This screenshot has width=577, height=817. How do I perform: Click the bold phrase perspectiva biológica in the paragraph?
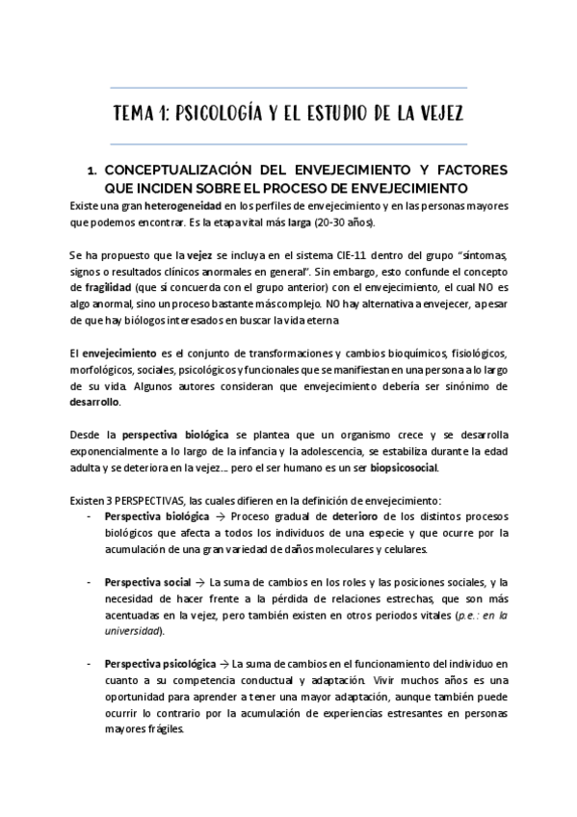166,434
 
